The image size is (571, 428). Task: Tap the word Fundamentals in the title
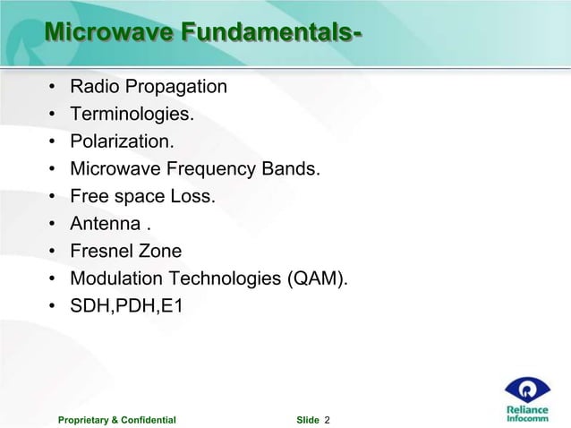(x=268, y=33)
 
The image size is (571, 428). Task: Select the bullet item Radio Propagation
(x=148, y=87)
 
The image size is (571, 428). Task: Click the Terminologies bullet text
(x=132, y=115)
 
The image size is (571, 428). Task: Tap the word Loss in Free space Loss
(x=194, y=196)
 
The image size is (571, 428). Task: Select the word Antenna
(x=105, y=223)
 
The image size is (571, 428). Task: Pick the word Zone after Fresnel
(x=161, y=251)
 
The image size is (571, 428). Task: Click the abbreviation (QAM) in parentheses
(x=317, y=278)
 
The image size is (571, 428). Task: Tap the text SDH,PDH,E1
(x=126, y=306)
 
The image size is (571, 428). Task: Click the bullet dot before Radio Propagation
(x=53, y=88)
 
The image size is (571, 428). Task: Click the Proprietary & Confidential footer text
(x=116, y=419)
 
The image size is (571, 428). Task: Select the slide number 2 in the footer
(x=327, y=419)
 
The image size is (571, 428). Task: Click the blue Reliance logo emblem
(x=528, y=389)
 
